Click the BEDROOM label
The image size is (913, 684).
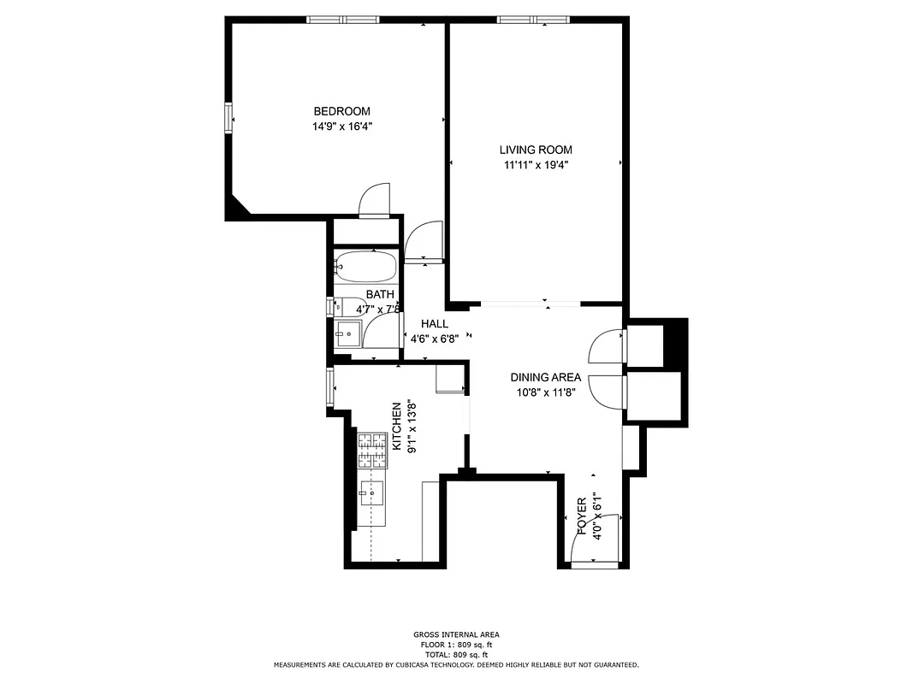click(341, 111)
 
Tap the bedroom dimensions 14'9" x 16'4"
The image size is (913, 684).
click(341, 126)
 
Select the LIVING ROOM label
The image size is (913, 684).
click(536, 150)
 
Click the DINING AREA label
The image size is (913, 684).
click(546, 377)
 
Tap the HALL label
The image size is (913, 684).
click(435, 324)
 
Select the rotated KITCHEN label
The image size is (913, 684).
click(397, 426)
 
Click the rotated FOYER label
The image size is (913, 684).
click(582, 516)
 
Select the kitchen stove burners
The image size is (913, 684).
click(371, 451)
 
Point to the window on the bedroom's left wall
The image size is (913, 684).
click(228, 118)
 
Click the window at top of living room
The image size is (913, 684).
click(533, 20)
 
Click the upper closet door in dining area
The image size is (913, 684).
click(608, 347)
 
